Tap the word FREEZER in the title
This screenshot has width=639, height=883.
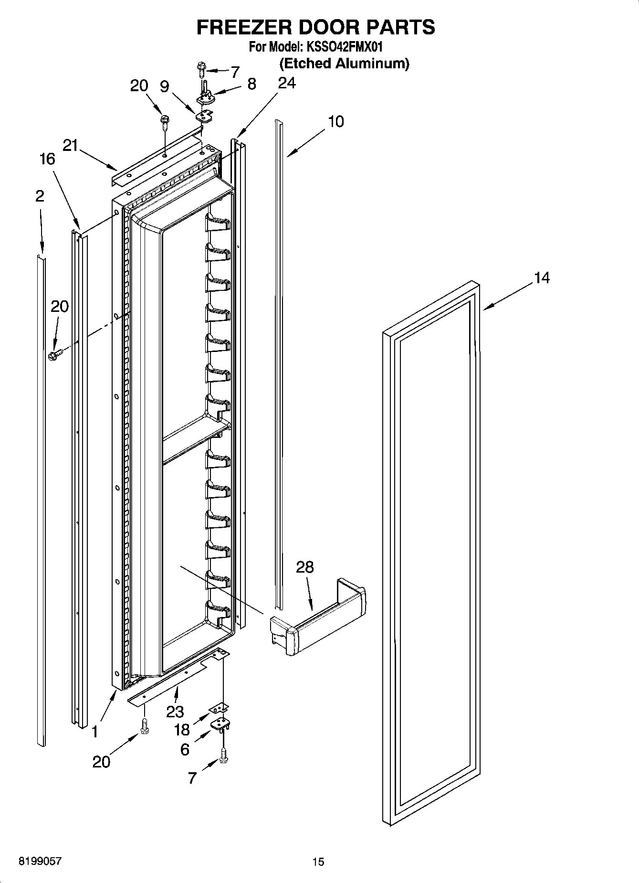pos(243,27)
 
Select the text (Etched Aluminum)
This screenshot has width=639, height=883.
pos(344,63)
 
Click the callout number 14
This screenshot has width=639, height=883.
pos(542,277)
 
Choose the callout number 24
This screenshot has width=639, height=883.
pos(287,83)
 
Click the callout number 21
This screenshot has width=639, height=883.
pos(70,145)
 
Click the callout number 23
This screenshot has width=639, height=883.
pos(175,712)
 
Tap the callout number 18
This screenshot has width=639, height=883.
pos(182,730)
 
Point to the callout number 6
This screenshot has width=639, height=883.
pos(184,750)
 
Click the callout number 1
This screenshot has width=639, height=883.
pos(95,732)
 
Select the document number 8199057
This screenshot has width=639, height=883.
pos(40,862)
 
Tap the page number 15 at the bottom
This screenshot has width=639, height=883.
pos(318,862)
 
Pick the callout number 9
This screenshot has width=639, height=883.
pos(164,86)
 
